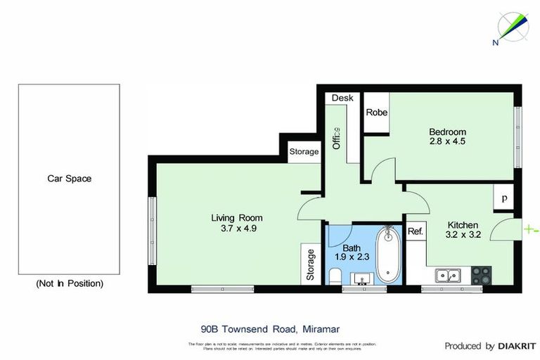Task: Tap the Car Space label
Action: point(69,179)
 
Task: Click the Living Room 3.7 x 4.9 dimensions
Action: point(238,229)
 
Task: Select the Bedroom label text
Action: point(448,131)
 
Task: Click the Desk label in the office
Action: point(342,98)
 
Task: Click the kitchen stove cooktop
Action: point(481,274)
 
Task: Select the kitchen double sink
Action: point(446,275)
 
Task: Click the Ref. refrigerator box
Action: point(415,232)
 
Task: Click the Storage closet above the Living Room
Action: point(304,152)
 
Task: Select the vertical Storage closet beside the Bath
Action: point(310,264)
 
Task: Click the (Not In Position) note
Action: point(69,283)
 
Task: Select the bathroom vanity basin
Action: point(364,278)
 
